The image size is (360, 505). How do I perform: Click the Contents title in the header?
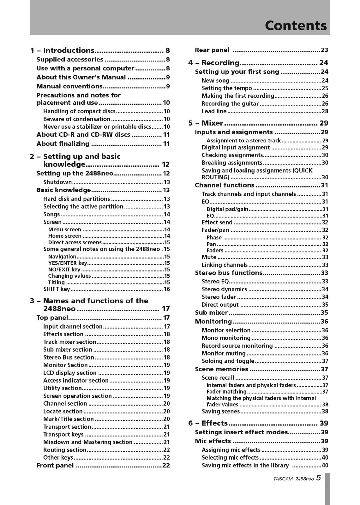coord(296,26)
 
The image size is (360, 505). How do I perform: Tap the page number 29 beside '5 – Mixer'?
coord(324,123)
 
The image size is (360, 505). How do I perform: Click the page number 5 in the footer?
coord(318,478)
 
